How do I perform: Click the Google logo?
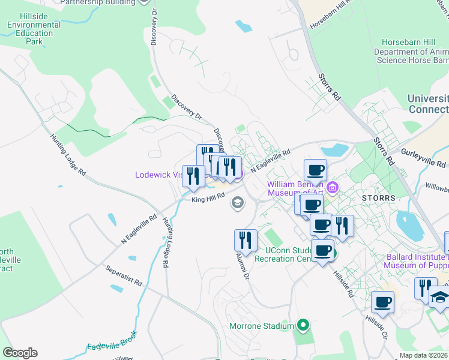tap(20, 353)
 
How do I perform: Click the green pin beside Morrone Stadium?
tap(303, 326)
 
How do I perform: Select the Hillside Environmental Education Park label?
tap(34, 30)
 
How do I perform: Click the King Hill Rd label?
tap(208, 200)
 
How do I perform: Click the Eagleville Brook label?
tap(112, 341)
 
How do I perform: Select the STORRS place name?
tap(379, 197)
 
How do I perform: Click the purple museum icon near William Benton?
tap(333, 189)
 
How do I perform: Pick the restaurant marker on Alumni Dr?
tap(246, 241)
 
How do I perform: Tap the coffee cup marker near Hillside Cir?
tap(382, 302)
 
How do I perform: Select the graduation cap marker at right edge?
tap(440, 297)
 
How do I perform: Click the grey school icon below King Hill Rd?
tap(237, 203)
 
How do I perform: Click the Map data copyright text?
tap(423, 355)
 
